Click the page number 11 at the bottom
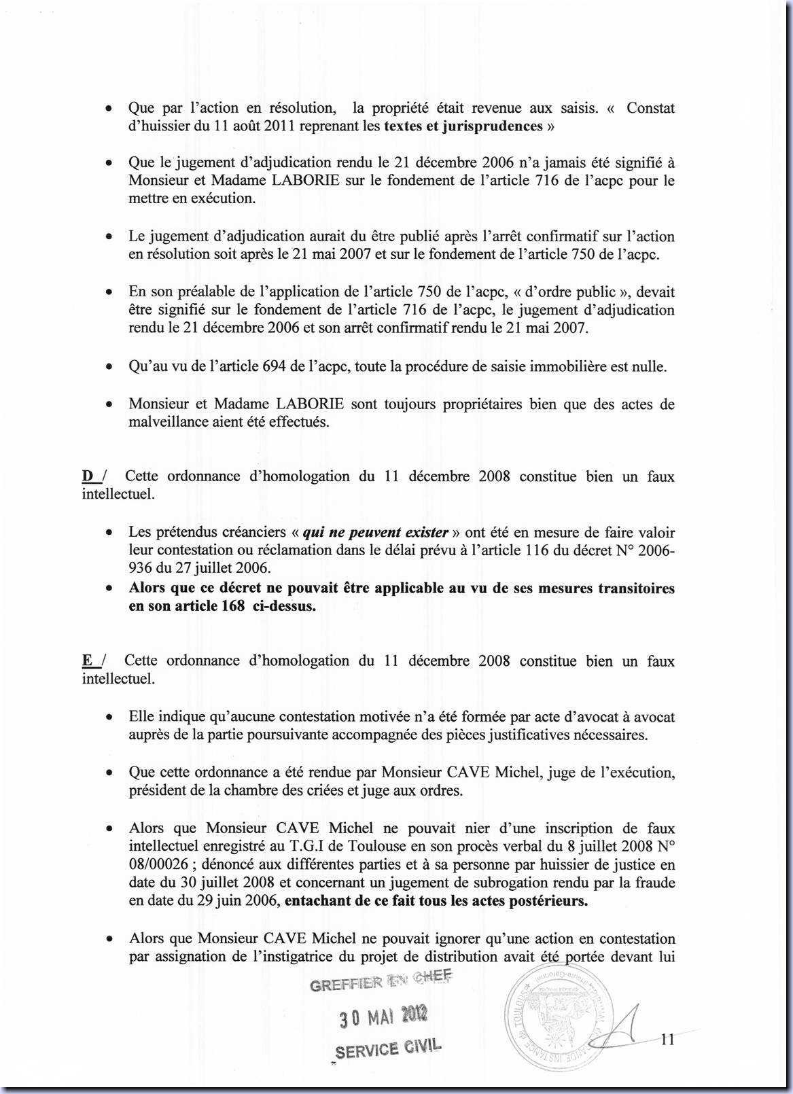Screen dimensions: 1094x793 667,1039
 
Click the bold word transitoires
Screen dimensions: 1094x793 636,588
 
